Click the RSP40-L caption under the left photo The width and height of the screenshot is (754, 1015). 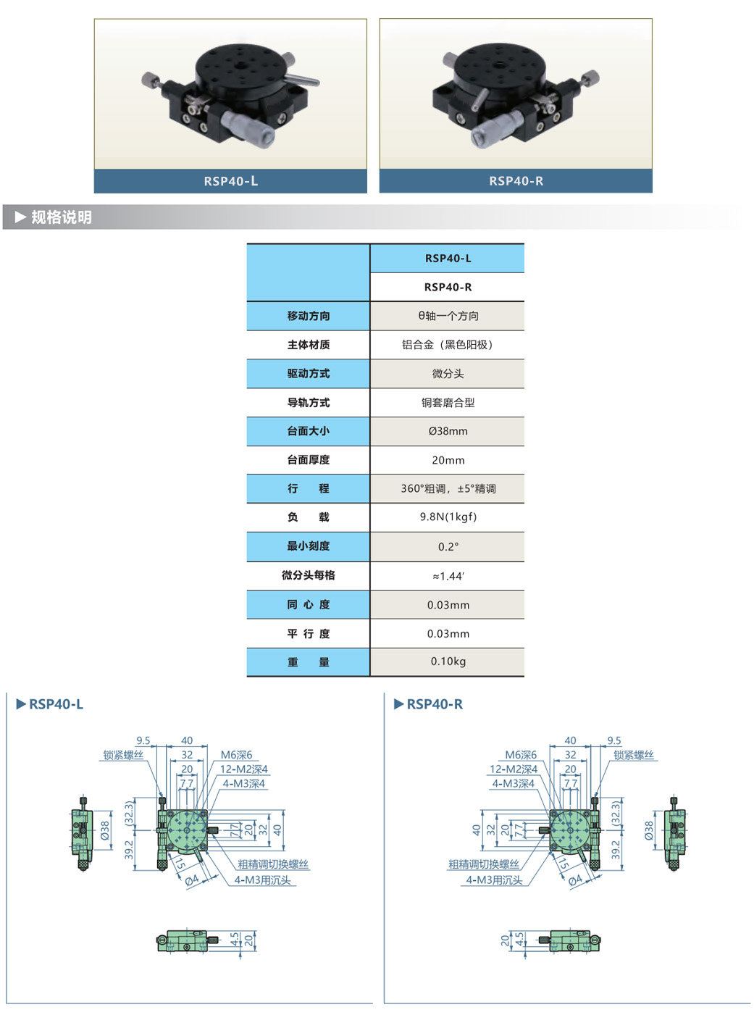(230, 181)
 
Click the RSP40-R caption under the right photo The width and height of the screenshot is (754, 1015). (516, 181)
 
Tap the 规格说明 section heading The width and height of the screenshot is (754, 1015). (61, 217)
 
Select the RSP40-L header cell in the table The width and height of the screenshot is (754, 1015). (448, 259)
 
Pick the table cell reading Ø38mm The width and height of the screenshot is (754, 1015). (448, 431)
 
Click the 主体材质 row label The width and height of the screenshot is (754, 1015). (309, 345)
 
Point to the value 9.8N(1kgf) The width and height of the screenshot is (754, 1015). (448, 517)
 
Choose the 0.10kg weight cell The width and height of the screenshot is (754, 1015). (448, 661)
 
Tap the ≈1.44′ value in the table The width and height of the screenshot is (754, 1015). (448, 576)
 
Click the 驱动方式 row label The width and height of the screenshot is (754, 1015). (309, 374)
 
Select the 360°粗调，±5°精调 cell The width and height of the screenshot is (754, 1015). (448, 489)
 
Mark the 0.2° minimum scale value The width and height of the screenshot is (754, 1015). (448, 547)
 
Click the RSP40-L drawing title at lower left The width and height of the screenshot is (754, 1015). (56, 704)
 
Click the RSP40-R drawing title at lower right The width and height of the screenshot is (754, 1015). (435, 704)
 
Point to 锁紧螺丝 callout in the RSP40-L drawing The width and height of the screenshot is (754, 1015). (123, 755)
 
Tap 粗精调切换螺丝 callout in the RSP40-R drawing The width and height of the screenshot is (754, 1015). (483, 864)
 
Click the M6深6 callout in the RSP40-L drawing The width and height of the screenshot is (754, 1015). (236, 755)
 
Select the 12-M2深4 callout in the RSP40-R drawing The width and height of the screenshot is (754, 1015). (513, 769)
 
